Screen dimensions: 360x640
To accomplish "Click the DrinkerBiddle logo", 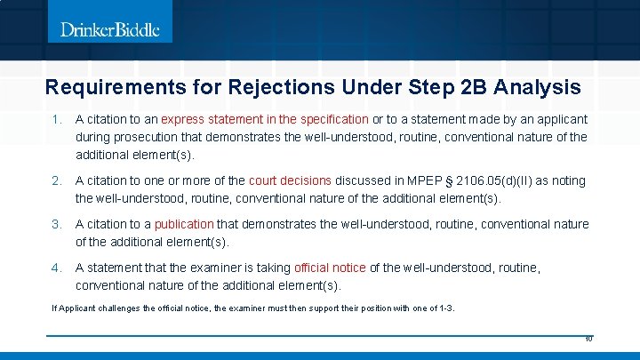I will click(x=110, y=30).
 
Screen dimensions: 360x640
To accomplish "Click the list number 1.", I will click(x=55, y=119).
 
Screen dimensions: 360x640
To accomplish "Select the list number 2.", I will click(x=55, y=180).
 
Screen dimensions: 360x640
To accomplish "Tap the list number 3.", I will click(x=55, y=224).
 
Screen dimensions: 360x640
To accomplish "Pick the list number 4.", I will click(x=55, y=268).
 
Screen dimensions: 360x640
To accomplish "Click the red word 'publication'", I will click(x=184, y=224).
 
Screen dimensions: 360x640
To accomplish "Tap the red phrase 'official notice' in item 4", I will click(x=330, y=268).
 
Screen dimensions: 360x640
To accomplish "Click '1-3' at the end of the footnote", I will click(x=445, y=308).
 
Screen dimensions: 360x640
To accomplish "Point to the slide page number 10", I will click(x=588, y=340).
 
